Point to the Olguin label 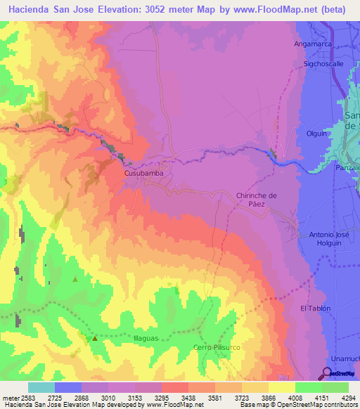point(318,131)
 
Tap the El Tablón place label point(315,309)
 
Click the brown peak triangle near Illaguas point(94,338)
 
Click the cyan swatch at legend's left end point(41,387)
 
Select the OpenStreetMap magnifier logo point(328,372)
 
